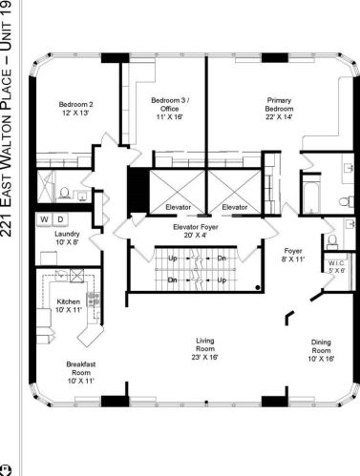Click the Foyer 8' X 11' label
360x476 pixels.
pyautogui.click(x=292, y=255)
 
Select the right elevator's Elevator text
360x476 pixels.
pyautogui.click(x=234, y=207)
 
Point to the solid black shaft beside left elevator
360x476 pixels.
pyautogui.click(x=138, y=192)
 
